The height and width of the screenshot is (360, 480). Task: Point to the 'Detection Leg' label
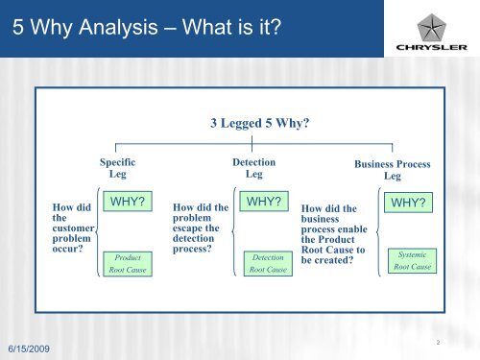point(253,170)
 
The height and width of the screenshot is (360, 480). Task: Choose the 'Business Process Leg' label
point(391,171)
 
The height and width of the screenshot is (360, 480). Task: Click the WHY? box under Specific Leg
point(128,204)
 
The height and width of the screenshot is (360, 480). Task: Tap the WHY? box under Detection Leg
point(263,204)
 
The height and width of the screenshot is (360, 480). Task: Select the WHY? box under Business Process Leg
point(407,204)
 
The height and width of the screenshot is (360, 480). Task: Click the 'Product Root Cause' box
point(128,264)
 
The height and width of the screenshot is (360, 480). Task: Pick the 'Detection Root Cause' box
point(267,264)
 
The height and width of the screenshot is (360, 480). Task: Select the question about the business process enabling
point(333,235)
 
